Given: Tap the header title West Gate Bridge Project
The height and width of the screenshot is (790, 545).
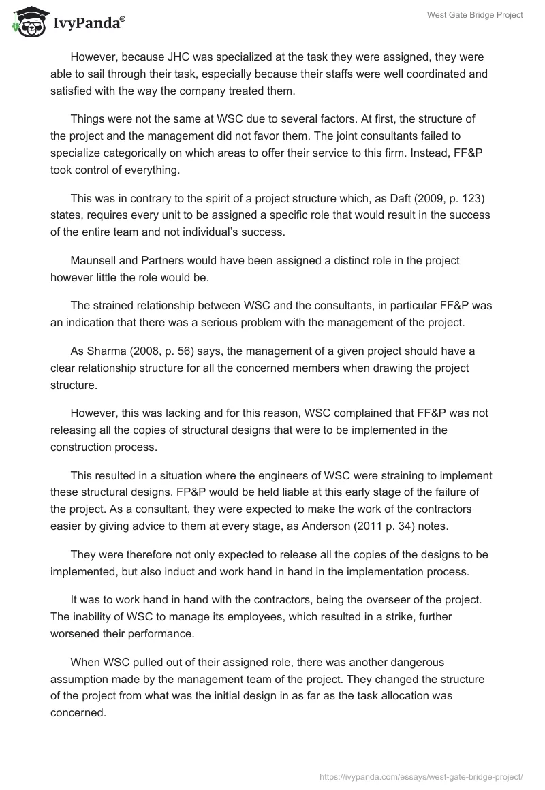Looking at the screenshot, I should [475, 15].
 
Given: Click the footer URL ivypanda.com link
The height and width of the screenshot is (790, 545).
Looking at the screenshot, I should [421, 776].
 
